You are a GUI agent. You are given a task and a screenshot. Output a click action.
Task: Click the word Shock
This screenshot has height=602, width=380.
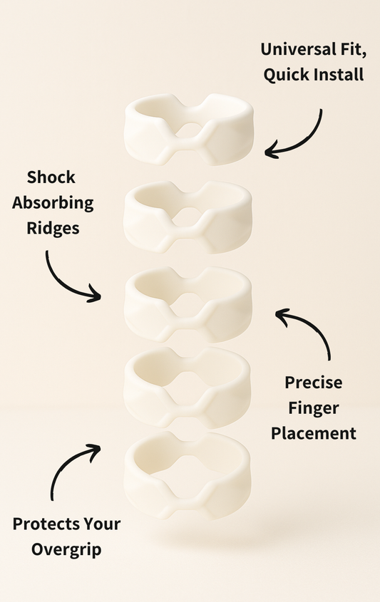[51, 177]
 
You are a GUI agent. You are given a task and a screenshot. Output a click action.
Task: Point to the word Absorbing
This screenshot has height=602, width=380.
[60, 203]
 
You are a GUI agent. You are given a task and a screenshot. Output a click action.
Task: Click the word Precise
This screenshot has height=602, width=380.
[314, 383]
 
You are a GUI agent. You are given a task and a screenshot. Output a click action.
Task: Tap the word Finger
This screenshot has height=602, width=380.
[314, 408]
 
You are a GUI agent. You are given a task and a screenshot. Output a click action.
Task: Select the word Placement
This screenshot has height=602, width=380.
[314, 432]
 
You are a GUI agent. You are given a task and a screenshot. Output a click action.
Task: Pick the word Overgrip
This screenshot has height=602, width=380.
[66, 550]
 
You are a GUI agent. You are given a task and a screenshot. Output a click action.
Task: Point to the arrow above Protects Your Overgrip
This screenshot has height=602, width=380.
[71, 467]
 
